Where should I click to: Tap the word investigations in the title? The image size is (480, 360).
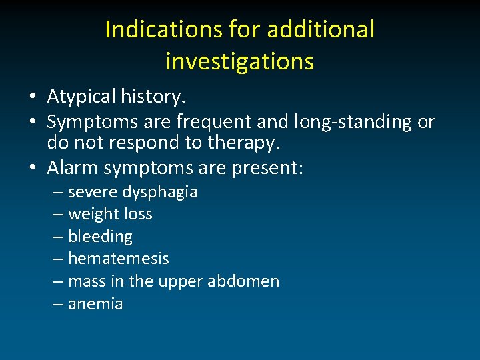pos(239,61)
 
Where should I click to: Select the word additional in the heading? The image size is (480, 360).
pos(321,29)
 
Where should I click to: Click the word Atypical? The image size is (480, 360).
pos(81,97)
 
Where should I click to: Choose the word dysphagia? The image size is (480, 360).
pos(160,193)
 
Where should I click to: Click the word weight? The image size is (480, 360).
pos(91,215)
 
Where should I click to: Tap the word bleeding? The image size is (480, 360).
pos(101,237)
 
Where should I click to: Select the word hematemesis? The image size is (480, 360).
pos(119,259)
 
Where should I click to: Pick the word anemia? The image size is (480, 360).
pos(95,304)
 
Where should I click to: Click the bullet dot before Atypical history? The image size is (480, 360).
pos(33,97)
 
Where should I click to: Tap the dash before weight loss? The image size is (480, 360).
pos(58,214)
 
